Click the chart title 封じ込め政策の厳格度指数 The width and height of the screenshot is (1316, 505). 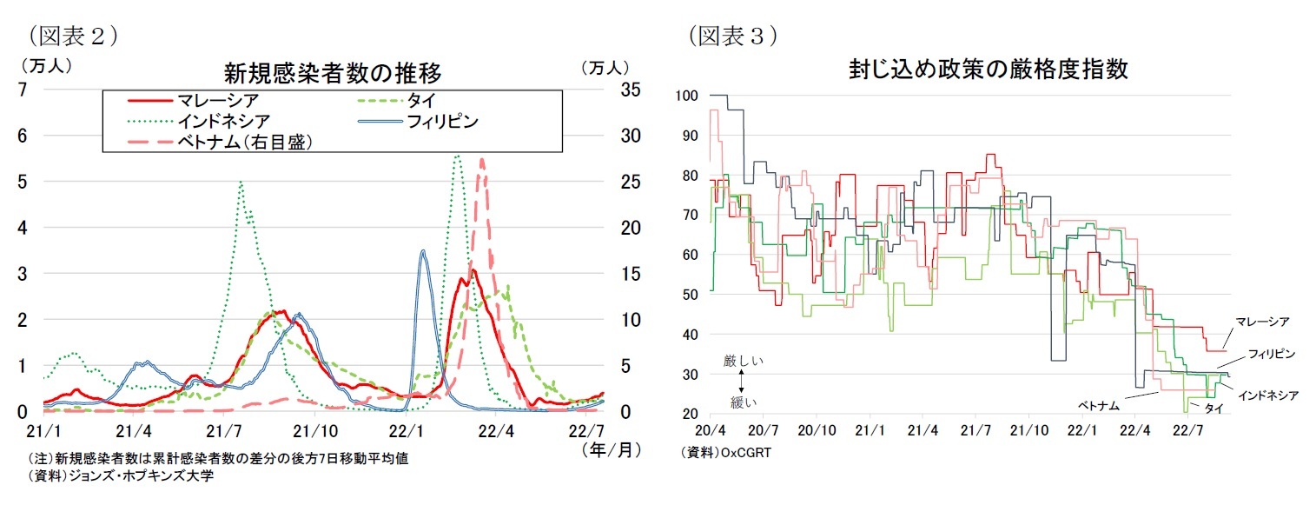(989, 70)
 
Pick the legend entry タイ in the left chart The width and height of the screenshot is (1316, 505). (427, 101)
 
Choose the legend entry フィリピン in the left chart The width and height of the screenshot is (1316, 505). (442, 121)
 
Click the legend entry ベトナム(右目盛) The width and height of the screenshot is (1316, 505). (244, 142)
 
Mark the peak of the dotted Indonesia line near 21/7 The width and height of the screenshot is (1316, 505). (240, 182)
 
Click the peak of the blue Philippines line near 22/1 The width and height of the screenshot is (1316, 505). (422, 251)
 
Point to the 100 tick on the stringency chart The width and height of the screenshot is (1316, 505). (687, 95)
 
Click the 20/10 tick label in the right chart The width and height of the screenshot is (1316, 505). (817, 430)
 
